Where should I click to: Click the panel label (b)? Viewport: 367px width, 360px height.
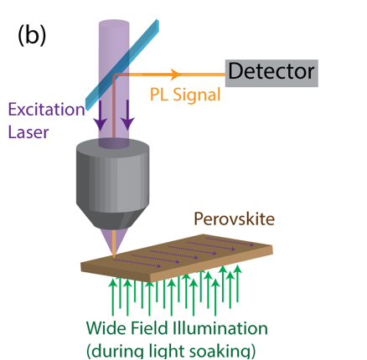point(32,35)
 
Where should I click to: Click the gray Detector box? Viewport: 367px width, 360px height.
point(271,73)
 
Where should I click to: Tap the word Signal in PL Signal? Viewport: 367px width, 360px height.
point(197,95)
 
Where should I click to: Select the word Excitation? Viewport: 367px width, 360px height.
point(46,110)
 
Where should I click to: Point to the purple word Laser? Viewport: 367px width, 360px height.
point(28,131)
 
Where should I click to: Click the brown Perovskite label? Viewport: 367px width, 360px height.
point(235,219)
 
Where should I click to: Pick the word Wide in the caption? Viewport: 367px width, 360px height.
point(106,327)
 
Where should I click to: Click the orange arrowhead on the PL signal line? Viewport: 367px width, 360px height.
point(175,75)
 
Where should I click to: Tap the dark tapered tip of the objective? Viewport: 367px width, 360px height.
point(113,220)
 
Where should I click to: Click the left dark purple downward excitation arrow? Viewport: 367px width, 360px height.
point(100,115)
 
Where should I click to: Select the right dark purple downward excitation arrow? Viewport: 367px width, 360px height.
point(128,115)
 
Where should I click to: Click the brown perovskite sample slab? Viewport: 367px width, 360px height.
point(177,257)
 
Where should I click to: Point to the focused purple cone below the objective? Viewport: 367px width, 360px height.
point(113,241)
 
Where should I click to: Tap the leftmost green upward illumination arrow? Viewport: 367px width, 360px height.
point(113,296)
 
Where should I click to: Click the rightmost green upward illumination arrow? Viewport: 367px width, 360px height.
point(237,284)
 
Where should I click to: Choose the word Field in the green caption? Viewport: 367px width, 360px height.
point(150,327)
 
